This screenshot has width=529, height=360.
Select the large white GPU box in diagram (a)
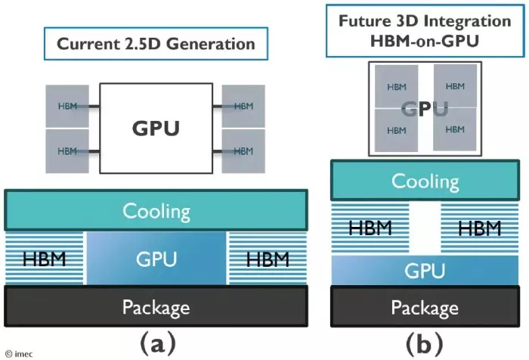(x=156, y=127)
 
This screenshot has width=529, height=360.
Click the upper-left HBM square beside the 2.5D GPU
(x=68, y=106)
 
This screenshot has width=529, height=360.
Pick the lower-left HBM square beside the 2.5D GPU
(x=68, y=151)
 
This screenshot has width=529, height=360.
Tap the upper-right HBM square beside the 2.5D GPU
(x=243, y=106)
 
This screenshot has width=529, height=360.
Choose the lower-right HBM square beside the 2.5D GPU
(x=243, y=151)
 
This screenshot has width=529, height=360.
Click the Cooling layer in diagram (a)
(x=156, y=209)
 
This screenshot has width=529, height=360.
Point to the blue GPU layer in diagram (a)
(x=156, y=259)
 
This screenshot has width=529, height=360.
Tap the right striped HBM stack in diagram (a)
(x=268, y=259)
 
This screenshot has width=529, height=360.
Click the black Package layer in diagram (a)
(x=156, y=306)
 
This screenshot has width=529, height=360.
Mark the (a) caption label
(x=156, y=344)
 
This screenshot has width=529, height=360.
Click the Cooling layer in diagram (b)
(x=425, y=182)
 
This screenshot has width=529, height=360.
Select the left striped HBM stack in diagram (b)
(x=371, y=228)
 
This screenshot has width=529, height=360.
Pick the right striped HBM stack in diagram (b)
(x=479, y=228)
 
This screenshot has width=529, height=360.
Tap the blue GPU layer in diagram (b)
(x=425, y=270)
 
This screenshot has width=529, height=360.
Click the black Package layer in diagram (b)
(x=425, y=307)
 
